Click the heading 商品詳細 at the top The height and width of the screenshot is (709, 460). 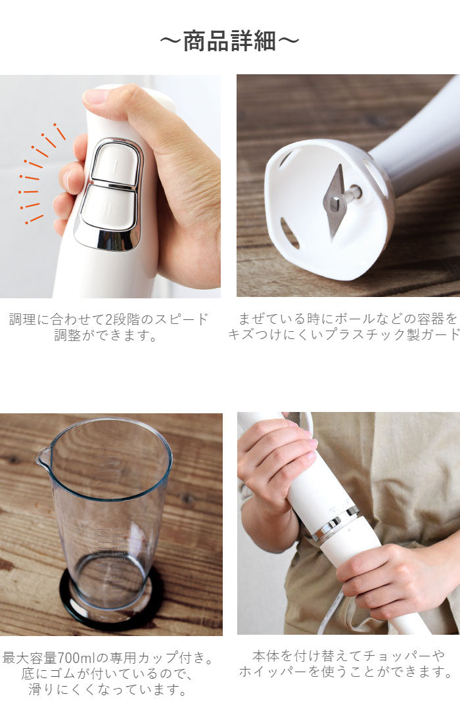pyautogui.click(x=229, y=41)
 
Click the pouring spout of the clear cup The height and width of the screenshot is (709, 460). pyautogui.click(x=43, y=455)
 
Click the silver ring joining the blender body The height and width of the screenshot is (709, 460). pyautogui.click(x=336, y=523)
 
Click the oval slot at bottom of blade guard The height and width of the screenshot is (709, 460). pyautogui.click(x=290, y=233)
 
